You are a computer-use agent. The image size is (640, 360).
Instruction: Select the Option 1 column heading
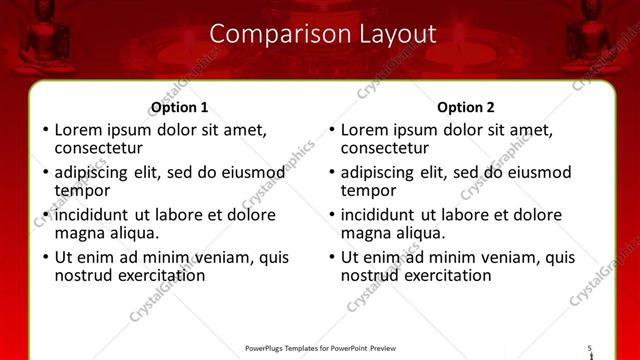click(x=179, y=108)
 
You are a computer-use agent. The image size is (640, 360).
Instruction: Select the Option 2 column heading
click(x=466, y=108)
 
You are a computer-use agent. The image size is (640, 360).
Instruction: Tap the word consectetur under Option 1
click(x=98, y=148)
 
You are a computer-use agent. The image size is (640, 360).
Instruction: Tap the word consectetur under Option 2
click(x=385, y=148)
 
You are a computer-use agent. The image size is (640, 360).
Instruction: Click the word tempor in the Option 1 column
click(x=82, y=191)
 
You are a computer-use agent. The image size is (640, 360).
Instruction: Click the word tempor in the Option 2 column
click(x=369, y=191)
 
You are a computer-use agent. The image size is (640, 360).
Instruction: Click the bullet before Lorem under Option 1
click(x=44, y=130)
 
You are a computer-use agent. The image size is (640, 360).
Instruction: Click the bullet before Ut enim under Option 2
click(x=331, y=258)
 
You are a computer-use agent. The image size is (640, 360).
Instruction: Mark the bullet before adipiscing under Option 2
click(x=331, y=173)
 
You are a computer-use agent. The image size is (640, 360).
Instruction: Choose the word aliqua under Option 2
click(x=418, y=234)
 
